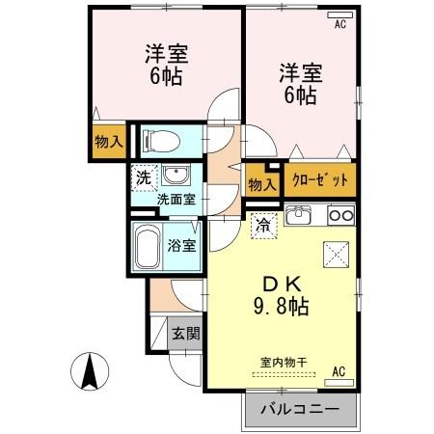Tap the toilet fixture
158,141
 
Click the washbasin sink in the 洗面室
175,176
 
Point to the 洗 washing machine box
143,177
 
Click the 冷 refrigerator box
261,226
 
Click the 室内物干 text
284,364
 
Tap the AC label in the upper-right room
339,25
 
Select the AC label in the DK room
339,370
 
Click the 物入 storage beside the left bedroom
109,142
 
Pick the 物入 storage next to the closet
262,182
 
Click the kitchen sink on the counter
299,213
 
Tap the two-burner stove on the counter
341,213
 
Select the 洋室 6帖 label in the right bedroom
299,84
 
